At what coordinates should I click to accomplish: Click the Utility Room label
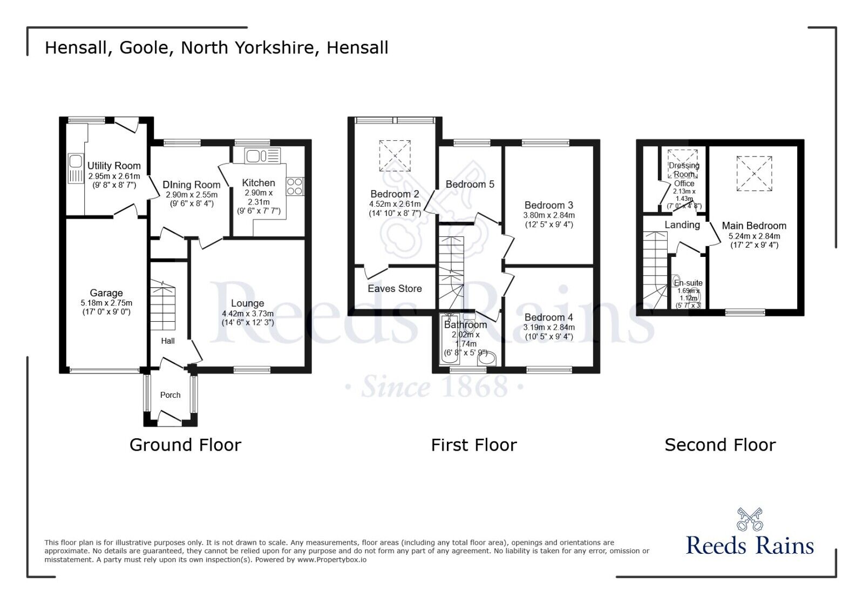[x=114, y=166]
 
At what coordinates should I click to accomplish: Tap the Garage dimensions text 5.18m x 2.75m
[x=106, y=303]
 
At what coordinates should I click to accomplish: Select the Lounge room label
[x=247, y=303]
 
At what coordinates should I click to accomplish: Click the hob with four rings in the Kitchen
[x=295, y=187]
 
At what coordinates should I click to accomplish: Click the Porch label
[x=170, y=395]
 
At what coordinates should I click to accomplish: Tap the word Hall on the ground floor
[x=168, y=341]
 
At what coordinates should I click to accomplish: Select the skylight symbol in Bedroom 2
[x=395, y=155]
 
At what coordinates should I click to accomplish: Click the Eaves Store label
[x=395, y=289]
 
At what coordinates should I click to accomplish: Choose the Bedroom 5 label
[x=470, y=185]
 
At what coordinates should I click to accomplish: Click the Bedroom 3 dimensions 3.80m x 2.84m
[x=548, y=215]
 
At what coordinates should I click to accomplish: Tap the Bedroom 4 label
[x=549, y=317]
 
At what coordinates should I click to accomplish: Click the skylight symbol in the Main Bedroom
[x=754, y=173]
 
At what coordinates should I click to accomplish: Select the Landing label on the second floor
[x=682, y=225]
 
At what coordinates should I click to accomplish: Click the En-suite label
[x=688, y=283]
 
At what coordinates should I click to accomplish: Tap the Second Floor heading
[x=719, y=445]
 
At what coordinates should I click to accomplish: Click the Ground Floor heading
[x=185, y=445]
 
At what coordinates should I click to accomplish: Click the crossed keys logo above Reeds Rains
[x=750, y=519]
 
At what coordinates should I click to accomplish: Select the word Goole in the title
[x=144, y=47]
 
